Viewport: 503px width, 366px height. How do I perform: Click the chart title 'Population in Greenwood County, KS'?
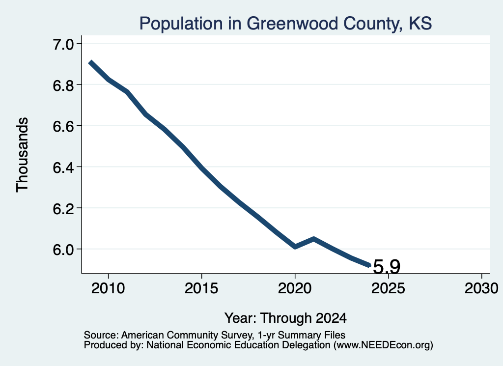coord(285,24)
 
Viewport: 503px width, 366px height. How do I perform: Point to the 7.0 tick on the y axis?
coord(63,44)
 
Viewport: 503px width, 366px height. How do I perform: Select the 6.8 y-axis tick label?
coord(63,85)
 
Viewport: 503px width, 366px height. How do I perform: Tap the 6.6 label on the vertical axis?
coord(63,126)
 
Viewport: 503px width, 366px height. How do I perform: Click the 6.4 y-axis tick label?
coord(63,167)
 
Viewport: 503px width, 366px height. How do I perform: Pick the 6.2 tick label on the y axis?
coord(63,208)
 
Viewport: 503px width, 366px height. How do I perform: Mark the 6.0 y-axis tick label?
coord(63,249)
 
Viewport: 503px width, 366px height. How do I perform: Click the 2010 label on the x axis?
coord(108,288)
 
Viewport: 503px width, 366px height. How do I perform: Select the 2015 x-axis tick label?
coord(201,288)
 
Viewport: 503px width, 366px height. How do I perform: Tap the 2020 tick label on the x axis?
coord(295,288)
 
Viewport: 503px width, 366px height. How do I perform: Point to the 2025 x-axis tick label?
coord(388,288)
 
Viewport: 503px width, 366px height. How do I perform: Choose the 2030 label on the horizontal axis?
coord(481,288)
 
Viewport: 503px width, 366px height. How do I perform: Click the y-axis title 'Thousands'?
coord(22,155)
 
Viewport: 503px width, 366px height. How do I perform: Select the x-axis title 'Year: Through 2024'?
coord(285,318)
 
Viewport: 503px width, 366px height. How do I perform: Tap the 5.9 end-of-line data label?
coord(387,267)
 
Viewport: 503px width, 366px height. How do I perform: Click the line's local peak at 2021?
coord(314,239)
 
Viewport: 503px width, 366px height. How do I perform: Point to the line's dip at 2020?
coord(295,247)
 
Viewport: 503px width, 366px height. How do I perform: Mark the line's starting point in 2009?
coord(90,62)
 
